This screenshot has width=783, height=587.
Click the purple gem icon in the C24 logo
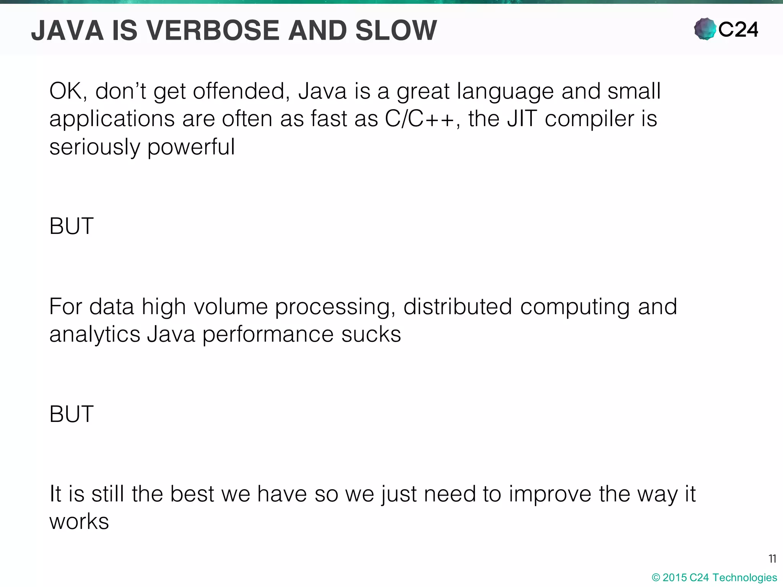[x=705, y=29]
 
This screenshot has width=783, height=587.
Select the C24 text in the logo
[x=738, y=29]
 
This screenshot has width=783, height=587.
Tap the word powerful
[x=191, y=147]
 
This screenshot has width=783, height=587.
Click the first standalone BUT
[x=71, y=226]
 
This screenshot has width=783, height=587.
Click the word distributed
[x=457, y=306]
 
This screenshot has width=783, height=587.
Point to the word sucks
[x=371, y=334]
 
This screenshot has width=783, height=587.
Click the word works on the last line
[x=79, y=522]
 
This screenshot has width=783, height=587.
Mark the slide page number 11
[x=772, y=559]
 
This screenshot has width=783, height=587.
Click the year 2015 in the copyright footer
[x=674, y=577]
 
